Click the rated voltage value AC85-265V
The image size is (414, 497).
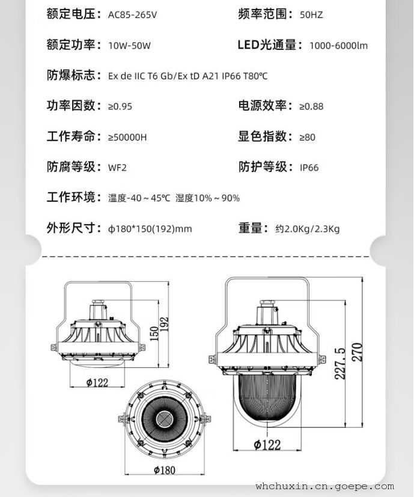[x=132, y=15]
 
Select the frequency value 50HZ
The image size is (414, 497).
[x=311, y=15]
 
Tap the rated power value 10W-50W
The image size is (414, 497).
[x=129, y=46]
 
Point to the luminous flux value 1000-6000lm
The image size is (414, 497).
[x=338, y=46]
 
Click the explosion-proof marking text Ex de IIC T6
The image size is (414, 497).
[x=133, y=76]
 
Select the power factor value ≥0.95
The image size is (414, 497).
[x=120, y=106]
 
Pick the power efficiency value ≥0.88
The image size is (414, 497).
[x=311, y=106]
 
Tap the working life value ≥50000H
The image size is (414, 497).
[x=127, y=137]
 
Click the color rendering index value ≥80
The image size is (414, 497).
[x=308, y=137]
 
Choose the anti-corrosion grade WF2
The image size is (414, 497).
[x=117, y=168]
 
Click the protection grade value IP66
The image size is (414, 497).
[x=309, y=168]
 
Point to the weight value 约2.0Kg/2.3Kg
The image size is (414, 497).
[x=307, y=229]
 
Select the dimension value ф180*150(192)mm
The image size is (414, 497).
[x=150, y=229]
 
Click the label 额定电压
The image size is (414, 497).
[x=71, y=14]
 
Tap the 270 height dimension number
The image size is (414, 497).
[x=358, y=352]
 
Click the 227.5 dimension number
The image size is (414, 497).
[x=340, y=364]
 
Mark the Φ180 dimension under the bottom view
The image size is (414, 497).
[x=165, y=470]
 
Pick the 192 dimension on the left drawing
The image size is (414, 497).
[x=164, y=325]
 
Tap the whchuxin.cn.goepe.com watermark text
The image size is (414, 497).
[x=325, y=486]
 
